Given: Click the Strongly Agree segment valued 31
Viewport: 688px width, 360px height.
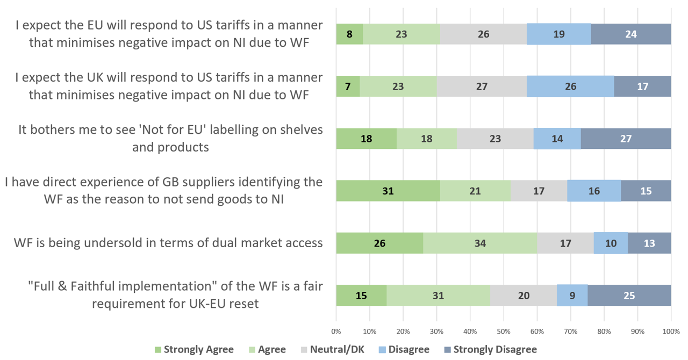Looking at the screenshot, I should click(388, 191).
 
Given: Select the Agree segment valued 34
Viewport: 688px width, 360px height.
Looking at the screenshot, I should click(480, 243).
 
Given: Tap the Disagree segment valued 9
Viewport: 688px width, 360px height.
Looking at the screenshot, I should click(572, 295).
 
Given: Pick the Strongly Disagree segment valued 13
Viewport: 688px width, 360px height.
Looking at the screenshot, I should click(649, 243).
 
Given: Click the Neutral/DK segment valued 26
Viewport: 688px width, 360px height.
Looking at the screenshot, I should click(483, 34).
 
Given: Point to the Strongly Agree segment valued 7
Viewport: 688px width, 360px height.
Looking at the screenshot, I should click(348, 86).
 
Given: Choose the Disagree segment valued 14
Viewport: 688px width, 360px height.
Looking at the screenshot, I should click(557, 139).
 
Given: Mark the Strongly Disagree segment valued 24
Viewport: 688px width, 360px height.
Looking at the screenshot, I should click(631, 34).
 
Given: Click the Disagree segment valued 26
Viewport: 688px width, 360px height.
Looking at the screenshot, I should click(570, 86).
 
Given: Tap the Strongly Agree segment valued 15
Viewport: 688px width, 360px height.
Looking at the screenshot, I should click(361, 295).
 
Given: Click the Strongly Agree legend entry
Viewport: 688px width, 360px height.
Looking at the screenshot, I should click(194, 350).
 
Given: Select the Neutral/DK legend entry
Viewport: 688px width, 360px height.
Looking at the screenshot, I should click(333, 350).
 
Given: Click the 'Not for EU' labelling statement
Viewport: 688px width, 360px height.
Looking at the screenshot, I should click(170, 138).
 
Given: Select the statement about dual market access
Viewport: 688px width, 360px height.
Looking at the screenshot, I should click(168, 243).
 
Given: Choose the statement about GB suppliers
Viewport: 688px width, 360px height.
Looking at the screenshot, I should click(163, 190).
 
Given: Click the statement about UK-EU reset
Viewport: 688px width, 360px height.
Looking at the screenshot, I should click(175, 295).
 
